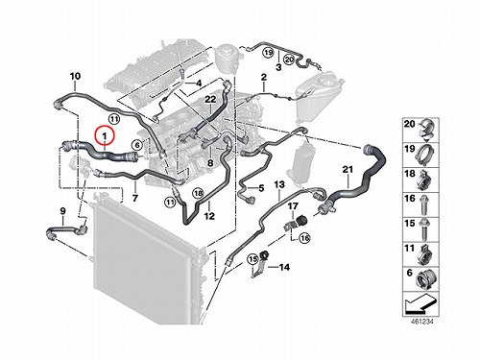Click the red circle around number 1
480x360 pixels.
95,136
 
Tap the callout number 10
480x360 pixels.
75,77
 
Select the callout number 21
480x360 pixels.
348,169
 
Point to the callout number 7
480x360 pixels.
135,199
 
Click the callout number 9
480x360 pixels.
261,188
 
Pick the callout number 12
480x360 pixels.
209,216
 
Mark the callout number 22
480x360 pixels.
210,100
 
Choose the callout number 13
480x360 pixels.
279,184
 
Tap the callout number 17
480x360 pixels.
293,206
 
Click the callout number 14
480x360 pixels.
285,267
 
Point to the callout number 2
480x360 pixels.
264,77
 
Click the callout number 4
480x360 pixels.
199,84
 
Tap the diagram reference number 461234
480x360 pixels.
420,321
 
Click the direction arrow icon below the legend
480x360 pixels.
420,304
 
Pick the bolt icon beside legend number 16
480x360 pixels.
424,204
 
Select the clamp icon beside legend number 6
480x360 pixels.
425,279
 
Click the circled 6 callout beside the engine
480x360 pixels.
137,145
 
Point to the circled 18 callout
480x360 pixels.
198,193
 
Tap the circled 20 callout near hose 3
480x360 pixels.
289,60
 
